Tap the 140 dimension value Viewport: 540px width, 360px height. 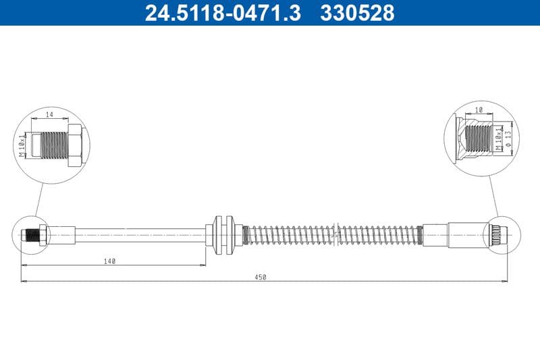click(x=111, y=260)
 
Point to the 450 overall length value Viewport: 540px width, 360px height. click(x=261, y=277)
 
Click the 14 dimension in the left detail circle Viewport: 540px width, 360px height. click(x=49, y=115)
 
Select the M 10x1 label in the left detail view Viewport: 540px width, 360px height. click(x=23, y=144)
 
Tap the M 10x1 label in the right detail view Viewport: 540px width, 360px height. click(x=499, y=138)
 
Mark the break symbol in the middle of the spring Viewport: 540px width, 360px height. click(x=335, y=235)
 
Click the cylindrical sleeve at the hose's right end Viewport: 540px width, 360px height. click(x=466, y=235)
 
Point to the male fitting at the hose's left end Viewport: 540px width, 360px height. click(x=32, y=235)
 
